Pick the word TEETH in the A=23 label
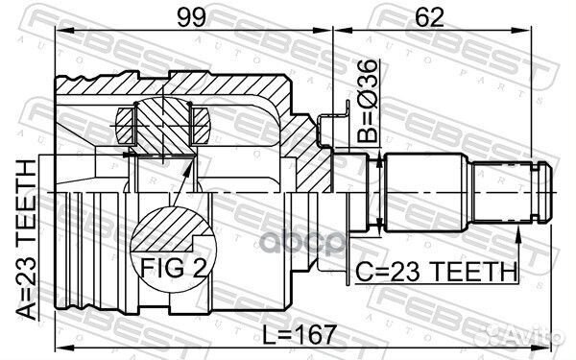pyautogui.click(x=27, y=198)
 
